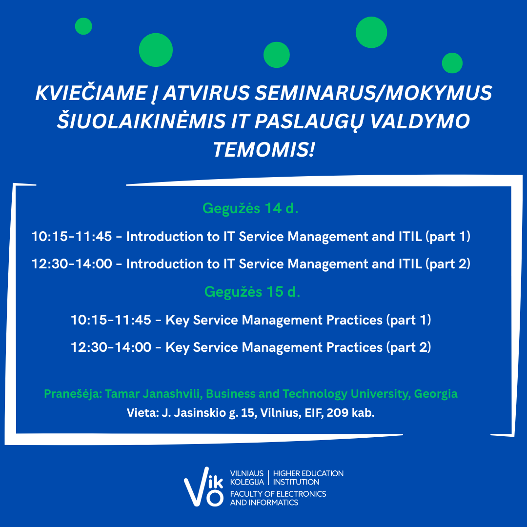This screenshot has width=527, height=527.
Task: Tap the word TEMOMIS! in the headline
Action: tap(264, 150)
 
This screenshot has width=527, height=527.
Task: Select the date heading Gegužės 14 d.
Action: tap(250, 209)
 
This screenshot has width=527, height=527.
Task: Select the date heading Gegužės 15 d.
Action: tap(252, 292)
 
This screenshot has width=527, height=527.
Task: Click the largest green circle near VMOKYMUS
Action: tap(371, 32)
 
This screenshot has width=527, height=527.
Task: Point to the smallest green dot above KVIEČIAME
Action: tap(83, 26)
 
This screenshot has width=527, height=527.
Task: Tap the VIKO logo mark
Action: tap(203, 486)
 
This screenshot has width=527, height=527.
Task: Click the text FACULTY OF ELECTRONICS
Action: tap(278, 494)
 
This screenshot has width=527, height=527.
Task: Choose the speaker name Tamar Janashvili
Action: tap(154, 394)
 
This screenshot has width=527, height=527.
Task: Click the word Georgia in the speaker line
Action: tap(436, 394)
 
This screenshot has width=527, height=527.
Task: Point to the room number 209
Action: tap(338, 412)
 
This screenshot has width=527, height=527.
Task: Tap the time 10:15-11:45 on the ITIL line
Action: tap(72, 237)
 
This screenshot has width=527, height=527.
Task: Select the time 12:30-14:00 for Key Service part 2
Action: tap(111, 347)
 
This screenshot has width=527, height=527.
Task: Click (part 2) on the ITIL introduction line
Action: tap(448, 264)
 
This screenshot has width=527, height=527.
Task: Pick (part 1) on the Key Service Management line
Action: tap(409, 320)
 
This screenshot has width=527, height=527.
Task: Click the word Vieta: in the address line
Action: tap(142, 412)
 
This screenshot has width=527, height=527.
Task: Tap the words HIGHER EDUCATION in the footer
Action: tap(308, 473)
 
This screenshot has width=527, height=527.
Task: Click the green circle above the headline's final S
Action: tap(452, 63)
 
